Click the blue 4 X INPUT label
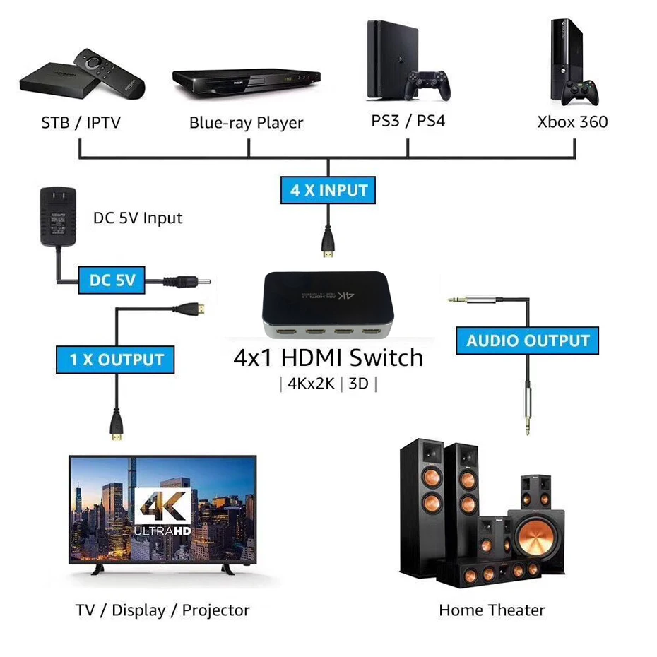point(329,190)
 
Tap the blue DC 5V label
point(112,280)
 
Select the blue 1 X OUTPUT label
point(116,360)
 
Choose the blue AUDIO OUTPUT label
point(528,341)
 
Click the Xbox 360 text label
point(572,122)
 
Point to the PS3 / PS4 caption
point(408,120)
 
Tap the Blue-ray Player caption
point(246,123)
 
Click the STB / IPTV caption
point(81,123)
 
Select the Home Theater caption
point(492,610)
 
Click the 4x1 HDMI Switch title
point(328,357)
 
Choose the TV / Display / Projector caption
point(162,610)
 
